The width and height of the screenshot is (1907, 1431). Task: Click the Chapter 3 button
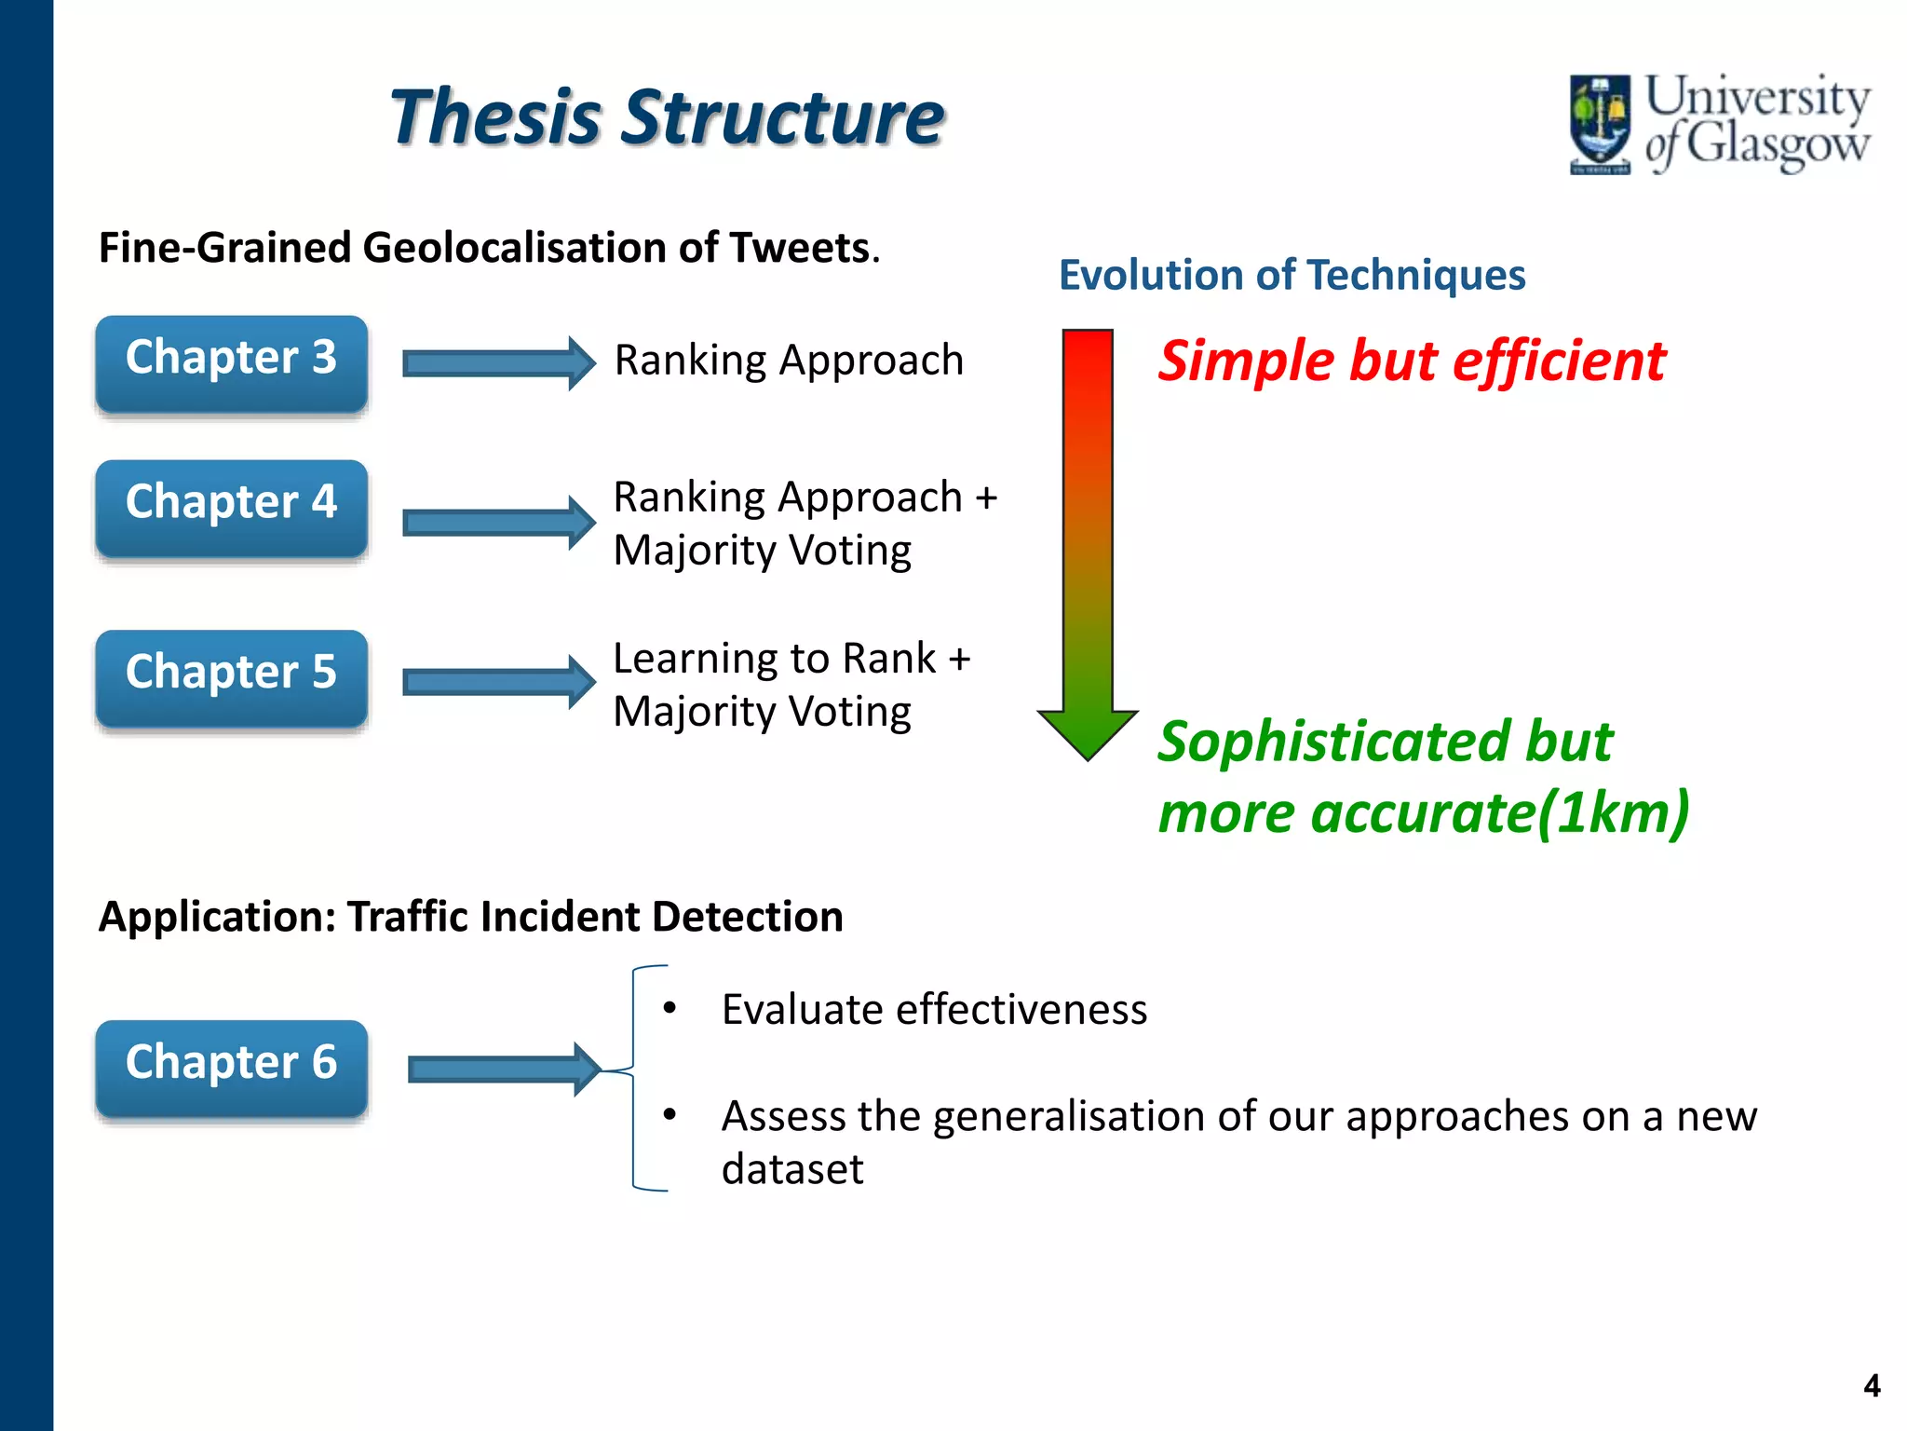click(231, 363)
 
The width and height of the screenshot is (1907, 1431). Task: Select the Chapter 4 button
click(231, 508)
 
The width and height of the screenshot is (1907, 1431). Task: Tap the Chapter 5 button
click(231, 678)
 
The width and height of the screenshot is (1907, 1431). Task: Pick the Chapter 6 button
click(231, 1069)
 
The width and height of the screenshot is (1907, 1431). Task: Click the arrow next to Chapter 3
click(498, 363)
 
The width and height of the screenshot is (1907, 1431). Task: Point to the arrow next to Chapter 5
click(498, 682)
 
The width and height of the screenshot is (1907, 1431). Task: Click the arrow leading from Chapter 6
click(504, 1069)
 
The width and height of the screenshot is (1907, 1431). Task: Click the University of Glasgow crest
click(1599, 124)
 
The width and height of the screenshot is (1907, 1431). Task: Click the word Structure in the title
click(782, 118)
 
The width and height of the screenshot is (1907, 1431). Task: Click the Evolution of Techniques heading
click(1292, 275)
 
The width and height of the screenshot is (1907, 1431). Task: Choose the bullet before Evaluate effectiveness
click(669, 1008)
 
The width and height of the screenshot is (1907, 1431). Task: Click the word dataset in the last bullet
click(792, 1169)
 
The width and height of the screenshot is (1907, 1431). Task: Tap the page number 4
click(1872, 1385)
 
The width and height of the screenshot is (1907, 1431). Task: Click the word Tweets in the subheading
click(799, 248)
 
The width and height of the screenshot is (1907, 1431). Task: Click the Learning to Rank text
click(775, 658)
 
